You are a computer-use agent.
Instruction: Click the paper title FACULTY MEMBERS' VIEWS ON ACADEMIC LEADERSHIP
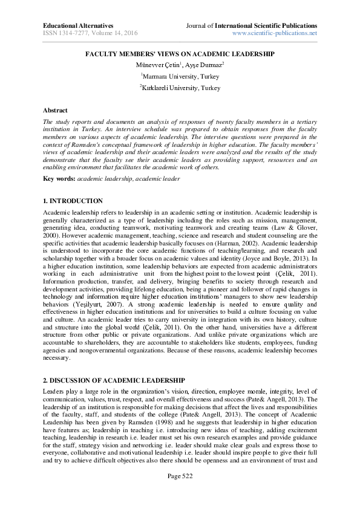click(x=180, y=53)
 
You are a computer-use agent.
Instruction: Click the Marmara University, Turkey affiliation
click(x=180, y=77)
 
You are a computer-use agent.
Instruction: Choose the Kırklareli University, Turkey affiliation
click(x=180, y=88)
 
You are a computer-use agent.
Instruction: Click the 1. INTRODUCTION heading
click(x=73, y=201)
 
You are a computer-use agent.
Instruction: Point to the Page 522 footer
click(x=180, y=494)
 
